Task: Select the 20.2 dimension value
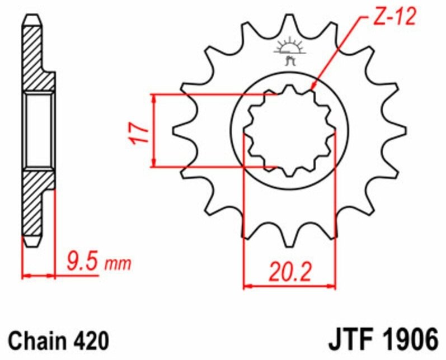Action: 290,272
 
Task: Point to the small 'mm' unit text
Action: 118,264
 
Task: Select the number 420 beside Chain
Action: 91,340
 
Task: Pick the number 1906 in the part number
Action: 410,339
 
